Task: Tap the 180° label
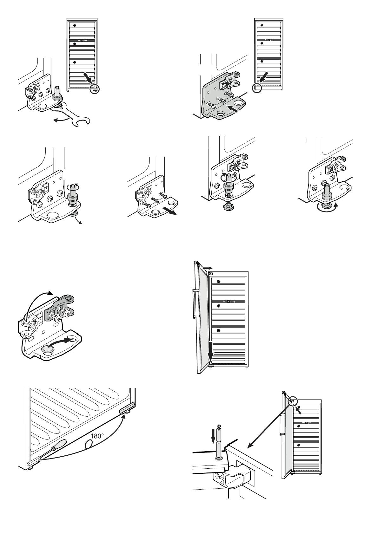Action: click(97, 436)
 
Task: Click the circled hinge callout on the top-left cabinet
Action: click(94, 89)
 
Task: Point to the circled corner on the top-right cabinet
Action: click(257, 88)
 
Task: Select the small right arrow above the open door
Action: click(207, 268)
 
